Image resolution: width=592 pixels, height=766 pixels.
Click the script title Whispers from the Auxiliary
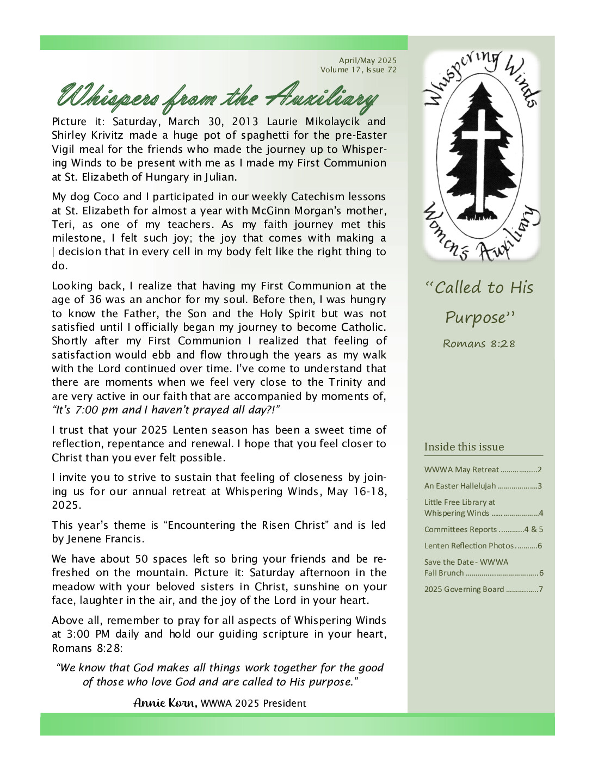pyautogui.click(x=218, y=98)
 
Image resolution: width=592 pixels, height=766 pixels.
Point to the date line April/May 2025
pyautogui.click(x=368, y=60)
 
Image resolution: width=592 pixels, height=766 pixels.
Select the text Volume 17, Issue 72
pyautogui.click(x=359, y=70)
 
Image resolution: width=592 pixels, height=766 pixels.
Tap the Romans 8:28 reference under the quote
pyautogui.click(x=479, y=344)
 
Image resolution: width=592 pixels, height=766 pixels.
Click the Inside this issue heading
pyautogui.click(x=464, y=447)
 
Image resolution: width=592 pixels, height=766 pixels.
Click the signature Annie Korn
pyautogui.click(x=165, y=703)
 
